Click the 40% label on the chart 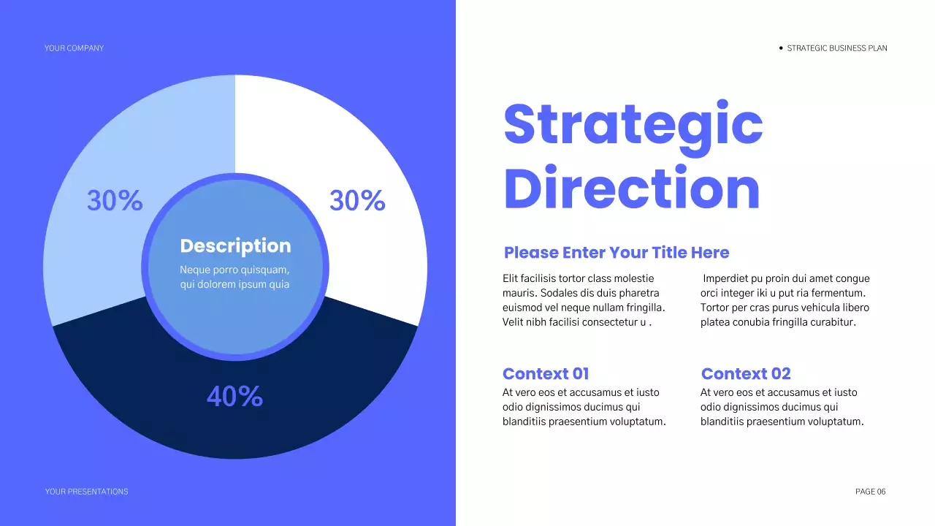(x=234, y=397)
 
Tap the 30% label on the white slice (x=357, y=201)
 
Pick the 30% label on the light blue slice (x=115, y=201)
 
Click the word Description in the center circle (x=235, y=246)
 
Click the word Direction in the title (x=632, y=188)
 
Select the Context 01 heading (x=546, y=374)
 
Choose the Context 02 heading (x=745, y=374)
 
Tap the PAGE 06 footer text (x=870, y=492)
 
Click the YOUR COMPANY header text (x=74, y=48)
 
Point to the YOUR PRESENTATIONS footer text (x=86, y=492)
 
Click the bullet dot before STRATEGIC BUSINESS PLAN (x=781, y=48)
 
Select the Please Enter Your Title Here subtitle (x=617, y=253)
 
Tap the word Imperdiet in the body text (x=725, y=278)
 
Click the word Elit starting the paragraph (x=510, y=278)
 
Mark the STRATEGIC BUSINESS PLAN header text (x=837, y=48)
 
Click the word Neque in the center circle (x=194, y=270)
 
